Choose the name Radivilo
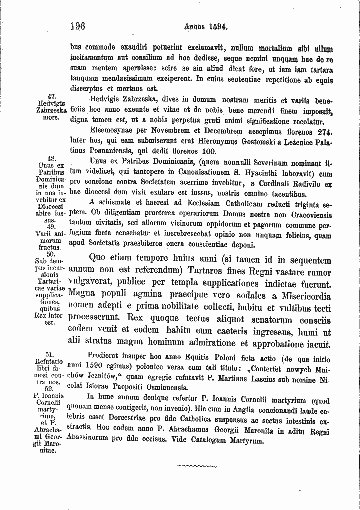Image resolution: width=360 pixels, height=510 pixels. (301, 184)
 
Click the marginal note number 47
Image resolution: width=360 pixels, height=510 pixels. (49, 96)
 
